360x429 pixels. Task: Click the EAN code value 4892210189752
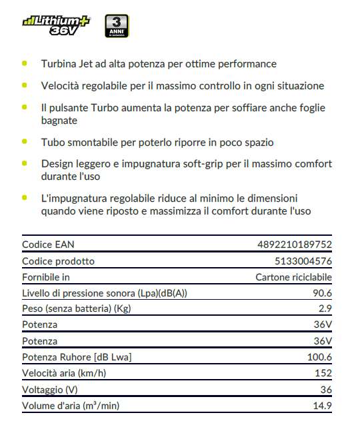[x=294, y=244]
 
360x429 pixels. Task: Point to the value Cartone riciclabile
[x=293, y=276]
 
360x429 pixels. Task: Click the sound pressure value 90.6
[x=321, y=292]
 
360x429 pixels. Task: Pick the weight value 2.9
[x=325, y=308]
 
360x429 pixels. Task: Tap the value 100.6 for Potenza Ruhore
[x=319, y=357]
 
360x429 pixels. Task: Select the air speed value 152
[x=323, y=373]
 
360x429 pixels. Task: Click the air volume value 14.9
[x=321, y=405]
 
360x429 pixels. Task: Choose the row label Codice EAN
[x=49, y=244]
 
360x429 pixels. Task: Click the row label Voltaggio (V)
[x=51, y=389]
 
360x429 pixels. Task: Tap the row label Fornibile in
[x=46, y=276]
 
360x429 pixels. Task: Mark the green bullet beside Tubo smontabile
[x=25, y=141]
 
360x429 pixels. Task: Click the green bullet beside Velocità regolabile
[x=25, y=85]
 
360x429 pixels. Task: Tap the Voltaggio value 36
[x=326, y=389]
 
